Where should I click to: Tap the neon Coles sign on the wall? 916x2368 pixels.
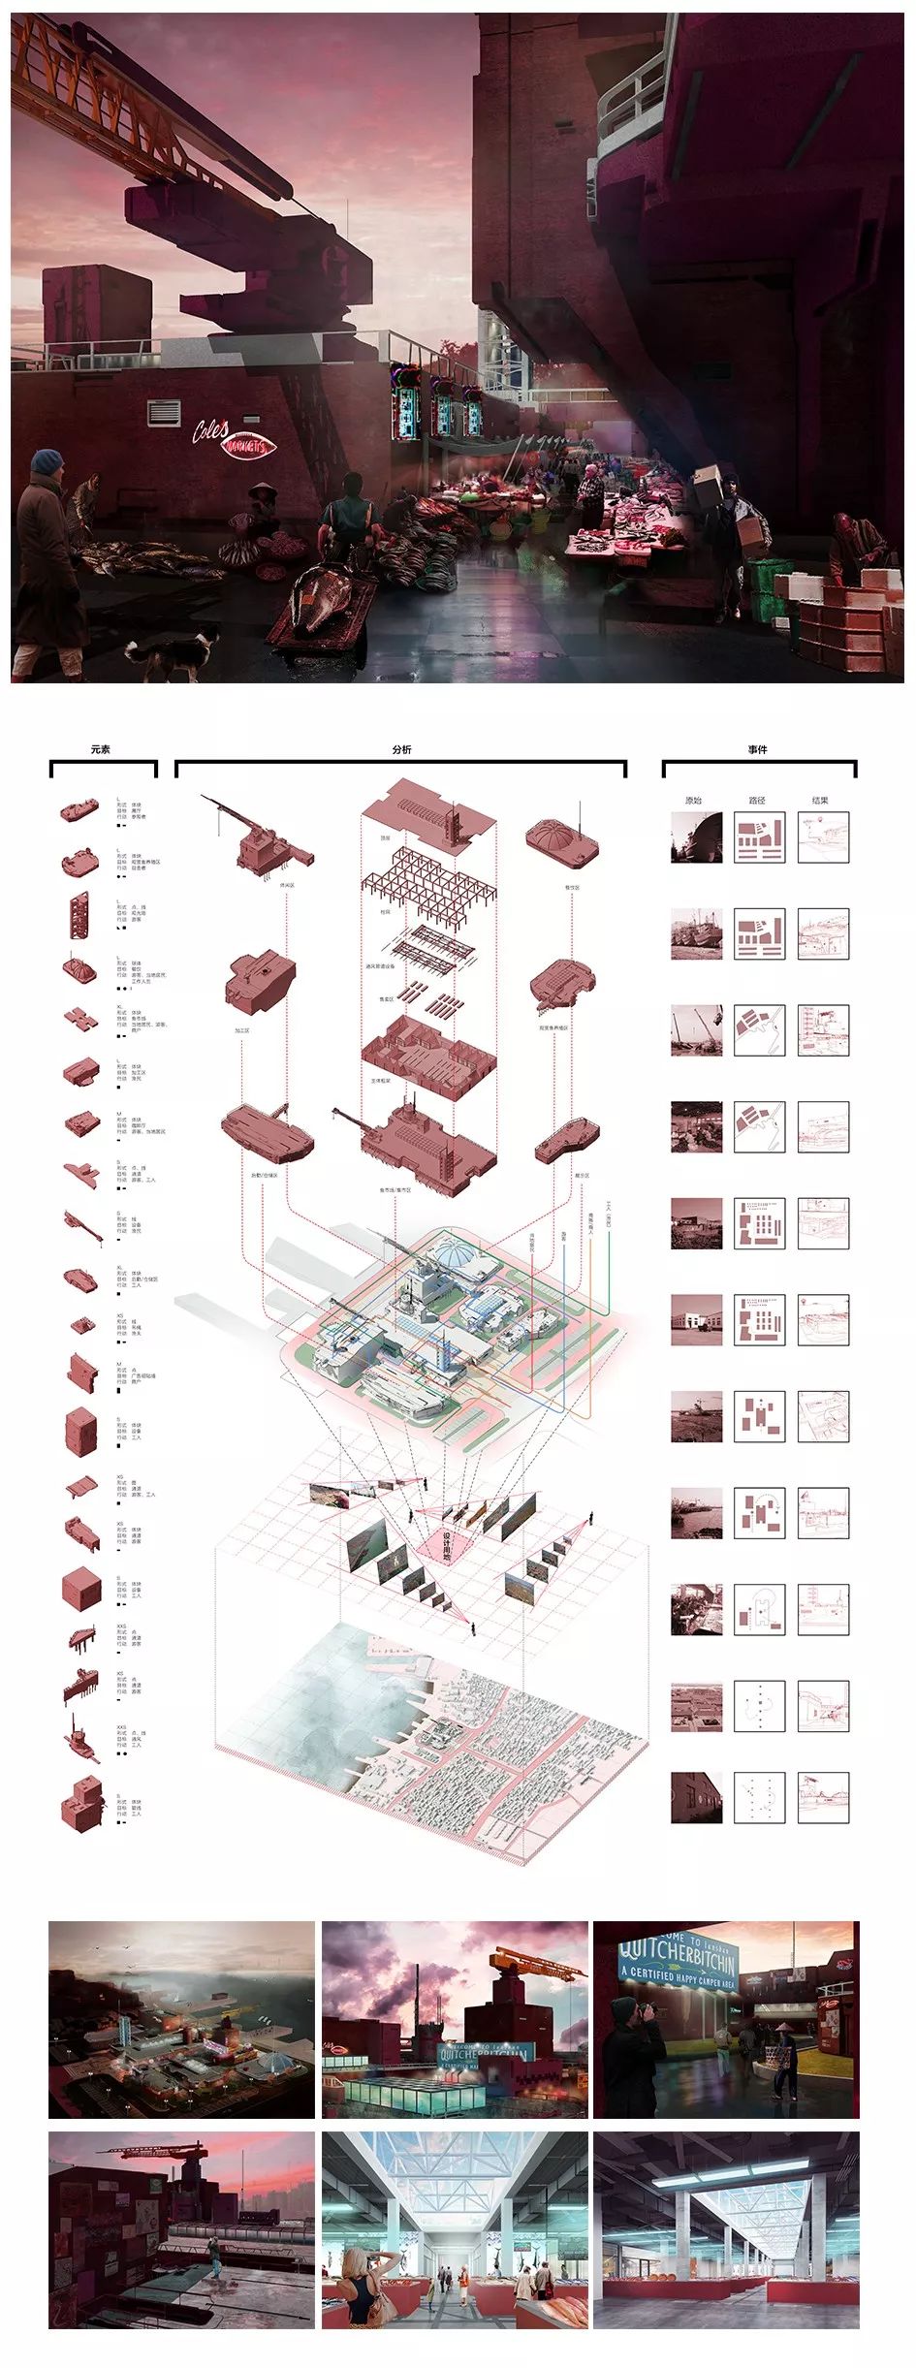211,429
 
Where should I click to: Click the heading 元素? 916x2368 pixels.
101,749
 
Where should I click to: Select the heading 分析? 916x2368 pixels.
401,749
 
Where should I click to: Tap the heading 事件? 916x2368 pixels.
758,749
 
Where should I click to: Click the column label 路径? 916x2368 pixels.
757,801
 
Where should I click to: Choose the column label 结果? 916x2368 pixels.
820,801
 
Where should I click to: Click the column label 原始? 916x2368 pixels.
693,801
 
